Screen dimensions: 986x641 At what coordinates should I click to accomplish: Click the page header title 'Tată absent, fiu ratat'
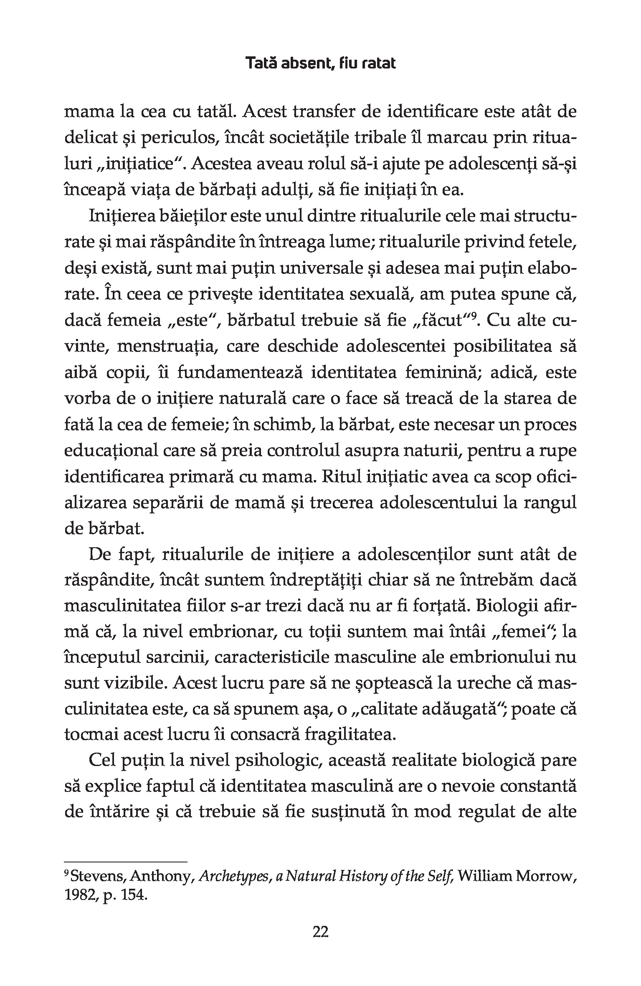[x=320, y=63]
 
